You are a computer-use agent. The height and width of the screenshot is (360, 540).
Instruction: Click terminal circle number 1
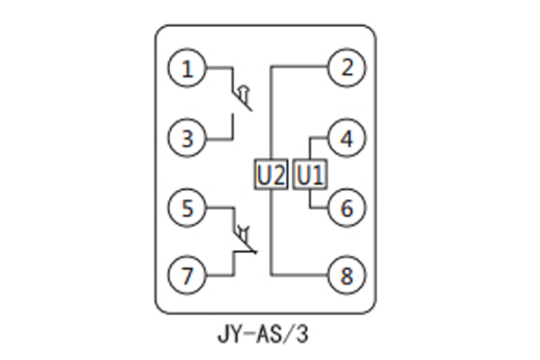pos(187,69)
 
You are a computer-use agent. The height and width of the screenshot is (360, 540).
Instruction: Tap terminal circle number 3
pos(187,139)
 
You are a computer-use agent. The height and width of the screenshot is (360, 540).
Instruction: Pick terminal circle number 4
pos(346,139)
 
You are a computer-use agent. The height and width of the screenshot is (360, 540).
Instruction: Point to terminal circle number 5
pos(187,209)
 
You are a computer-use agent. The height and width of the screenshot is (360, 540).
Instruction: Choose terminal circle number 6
pos(346,208)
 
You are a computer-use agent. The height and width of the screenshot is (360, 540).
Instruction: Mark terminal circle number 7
pos(187,276)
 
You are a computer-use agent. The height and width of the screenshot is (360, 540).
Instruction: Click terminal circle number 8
pos(346,275)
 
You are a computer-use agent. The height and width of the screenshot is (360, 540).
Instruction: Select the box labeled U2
pos(270,174)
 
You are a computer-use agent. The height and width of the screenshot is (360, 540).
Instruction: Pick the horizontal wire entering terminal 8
pos(301,275)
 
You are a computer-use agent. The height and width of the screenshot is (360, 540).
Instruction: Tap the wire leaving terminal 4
pos(319,139)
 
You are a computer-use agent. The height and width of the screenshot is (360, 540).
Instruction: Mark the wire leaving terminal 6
pos(319,208)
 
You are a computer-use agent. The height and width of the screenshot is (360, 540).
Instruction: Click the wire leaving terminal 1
pos(218,69)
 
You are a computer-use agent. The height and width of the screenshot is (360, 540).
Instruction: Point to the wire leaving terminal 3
pos(218,139)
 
